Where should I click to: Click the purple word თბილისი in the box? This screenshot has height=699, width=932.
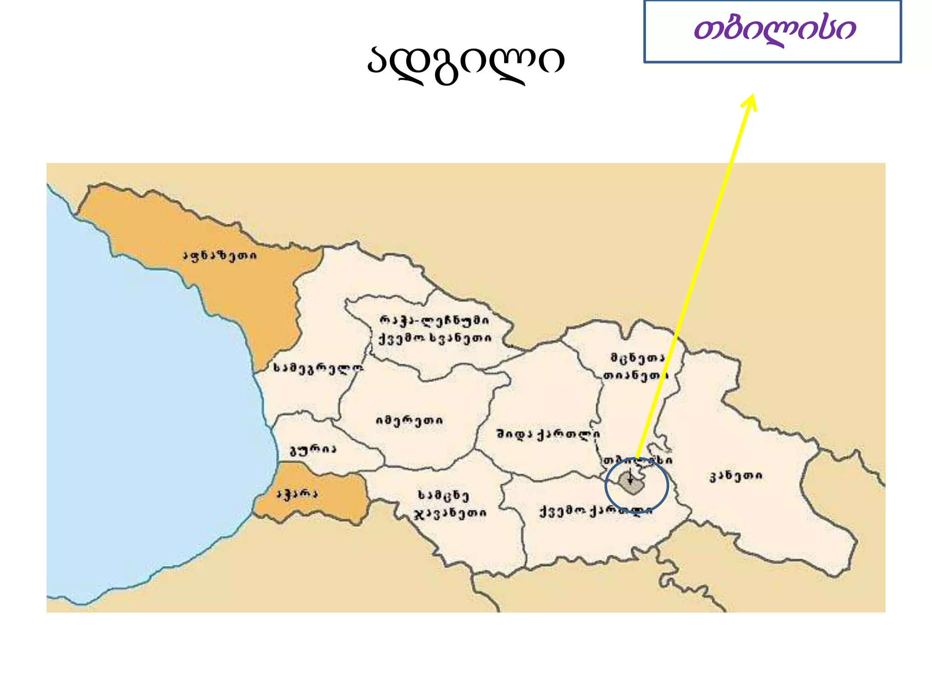pos(775,30)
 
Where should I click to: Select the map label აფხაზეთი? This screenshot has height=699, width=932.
pos(220,256)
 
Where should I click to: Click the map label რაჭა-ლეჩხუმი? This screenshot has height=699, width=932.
pos(434,321)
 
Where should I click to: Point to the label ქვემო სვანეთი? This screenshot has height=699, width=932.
pos(435,339)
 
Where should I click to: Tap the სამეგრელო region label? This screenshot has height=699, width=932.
pos(318,369)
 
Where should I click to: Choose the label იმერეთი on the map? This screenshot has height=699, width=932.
pos(409,420)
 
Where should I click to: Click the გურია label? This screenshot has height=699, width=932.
pos(313,451)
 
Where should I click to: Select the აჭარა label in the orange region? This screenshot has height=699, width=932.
pos(297,494)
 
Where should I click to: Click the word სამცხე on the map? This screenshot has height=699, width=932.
pos(443,495)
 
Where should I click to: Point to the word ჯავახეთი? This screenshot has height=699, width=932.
pos(450,514)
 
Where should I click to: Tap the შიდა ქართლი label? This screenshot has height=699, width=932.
pos(548,435)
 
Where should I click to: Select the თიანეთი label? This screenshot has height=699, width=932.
pos(635,376)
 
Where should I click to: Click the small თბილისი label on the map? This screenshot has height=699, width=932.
pos(637,461)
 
